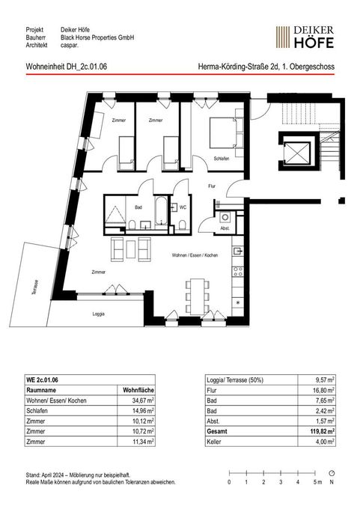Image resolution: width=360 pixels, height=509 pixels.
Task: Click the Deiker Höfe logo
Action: pos(305,37)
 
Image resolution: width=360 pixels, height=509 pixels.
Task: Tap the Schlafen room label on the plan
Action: pos(222,159)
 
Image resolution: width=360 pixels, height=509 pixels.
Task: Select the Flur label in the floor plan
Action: pos(212,186)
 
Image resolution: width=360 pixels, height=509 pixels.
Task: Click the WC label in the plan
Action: pos(183,207)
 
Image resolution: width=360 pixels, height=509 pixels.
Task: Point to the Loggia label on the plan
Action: pos(98,314)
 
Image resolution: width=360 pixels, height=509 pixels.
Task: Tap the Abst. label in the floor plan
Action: pos(225,228)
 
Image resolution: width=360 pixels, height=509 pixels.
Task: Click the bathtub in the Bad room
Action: pos(161,210)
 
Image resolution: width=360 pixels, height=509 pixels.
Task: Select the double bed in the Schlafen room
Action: pos(226,132)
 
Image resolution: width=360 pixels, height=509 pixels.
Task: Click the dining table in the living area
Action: pos(198,296)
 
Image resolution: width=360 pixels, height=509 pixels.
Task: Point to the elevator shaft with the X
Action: pos(297,151)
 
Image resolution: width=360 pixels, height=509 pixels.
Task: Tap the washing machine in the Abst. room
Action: pos(225,217)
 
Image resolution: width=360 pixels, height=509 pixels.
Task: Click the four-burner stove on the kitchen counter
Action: pos(238,272)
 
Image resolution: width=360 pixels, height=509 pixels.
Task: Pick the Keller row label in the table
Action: pos(213,442)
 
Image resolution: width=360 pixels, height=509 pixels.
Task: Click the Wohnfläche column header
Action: pos(138,390)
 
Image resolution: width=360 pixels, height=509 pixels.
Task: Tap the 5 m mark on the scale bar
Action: pos(315,473)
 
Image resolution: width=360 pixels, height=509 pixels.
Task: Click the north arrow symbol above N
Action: pos(332,473)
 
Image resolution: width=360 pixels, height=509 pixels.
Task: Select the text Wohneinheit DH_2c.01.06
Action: pos(66,67)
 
